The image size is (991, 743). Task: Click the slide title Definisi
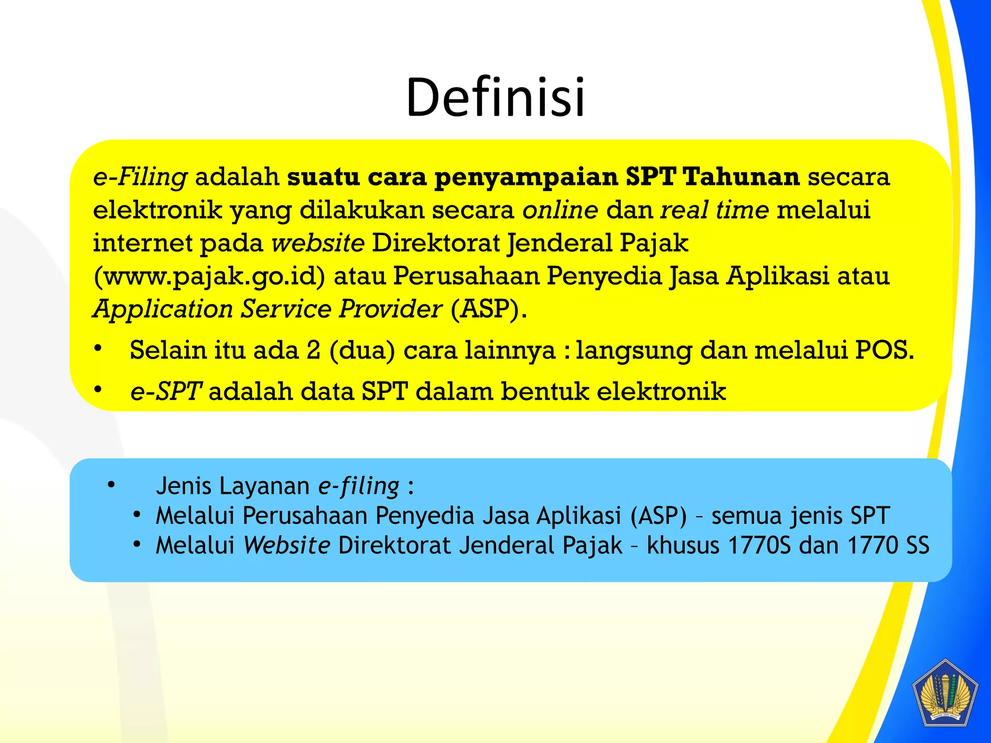495,98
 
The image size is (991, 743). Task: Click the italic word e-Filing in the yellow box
140,177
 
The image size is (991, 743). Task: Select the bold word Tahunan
741,177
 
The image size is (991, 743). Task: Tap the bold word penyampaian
526,178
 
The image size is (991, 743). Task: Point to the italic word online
560,210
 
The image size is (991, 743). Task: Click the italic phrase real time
714,210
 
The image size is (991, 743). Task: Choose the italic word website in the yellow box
317,243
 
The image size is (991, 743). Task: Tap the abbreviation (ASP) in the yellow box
487,309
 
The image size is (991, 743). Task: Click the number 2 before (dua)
313,350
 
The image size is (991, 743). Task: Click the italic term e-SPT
166,391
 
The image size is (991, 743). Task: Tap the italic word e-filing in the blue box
359,486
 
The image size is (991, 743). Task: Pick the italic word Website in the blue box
286,546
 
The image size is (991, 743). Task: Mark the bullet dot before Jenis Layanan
111,485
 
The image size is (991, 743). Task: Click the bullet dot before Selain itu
98,349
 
